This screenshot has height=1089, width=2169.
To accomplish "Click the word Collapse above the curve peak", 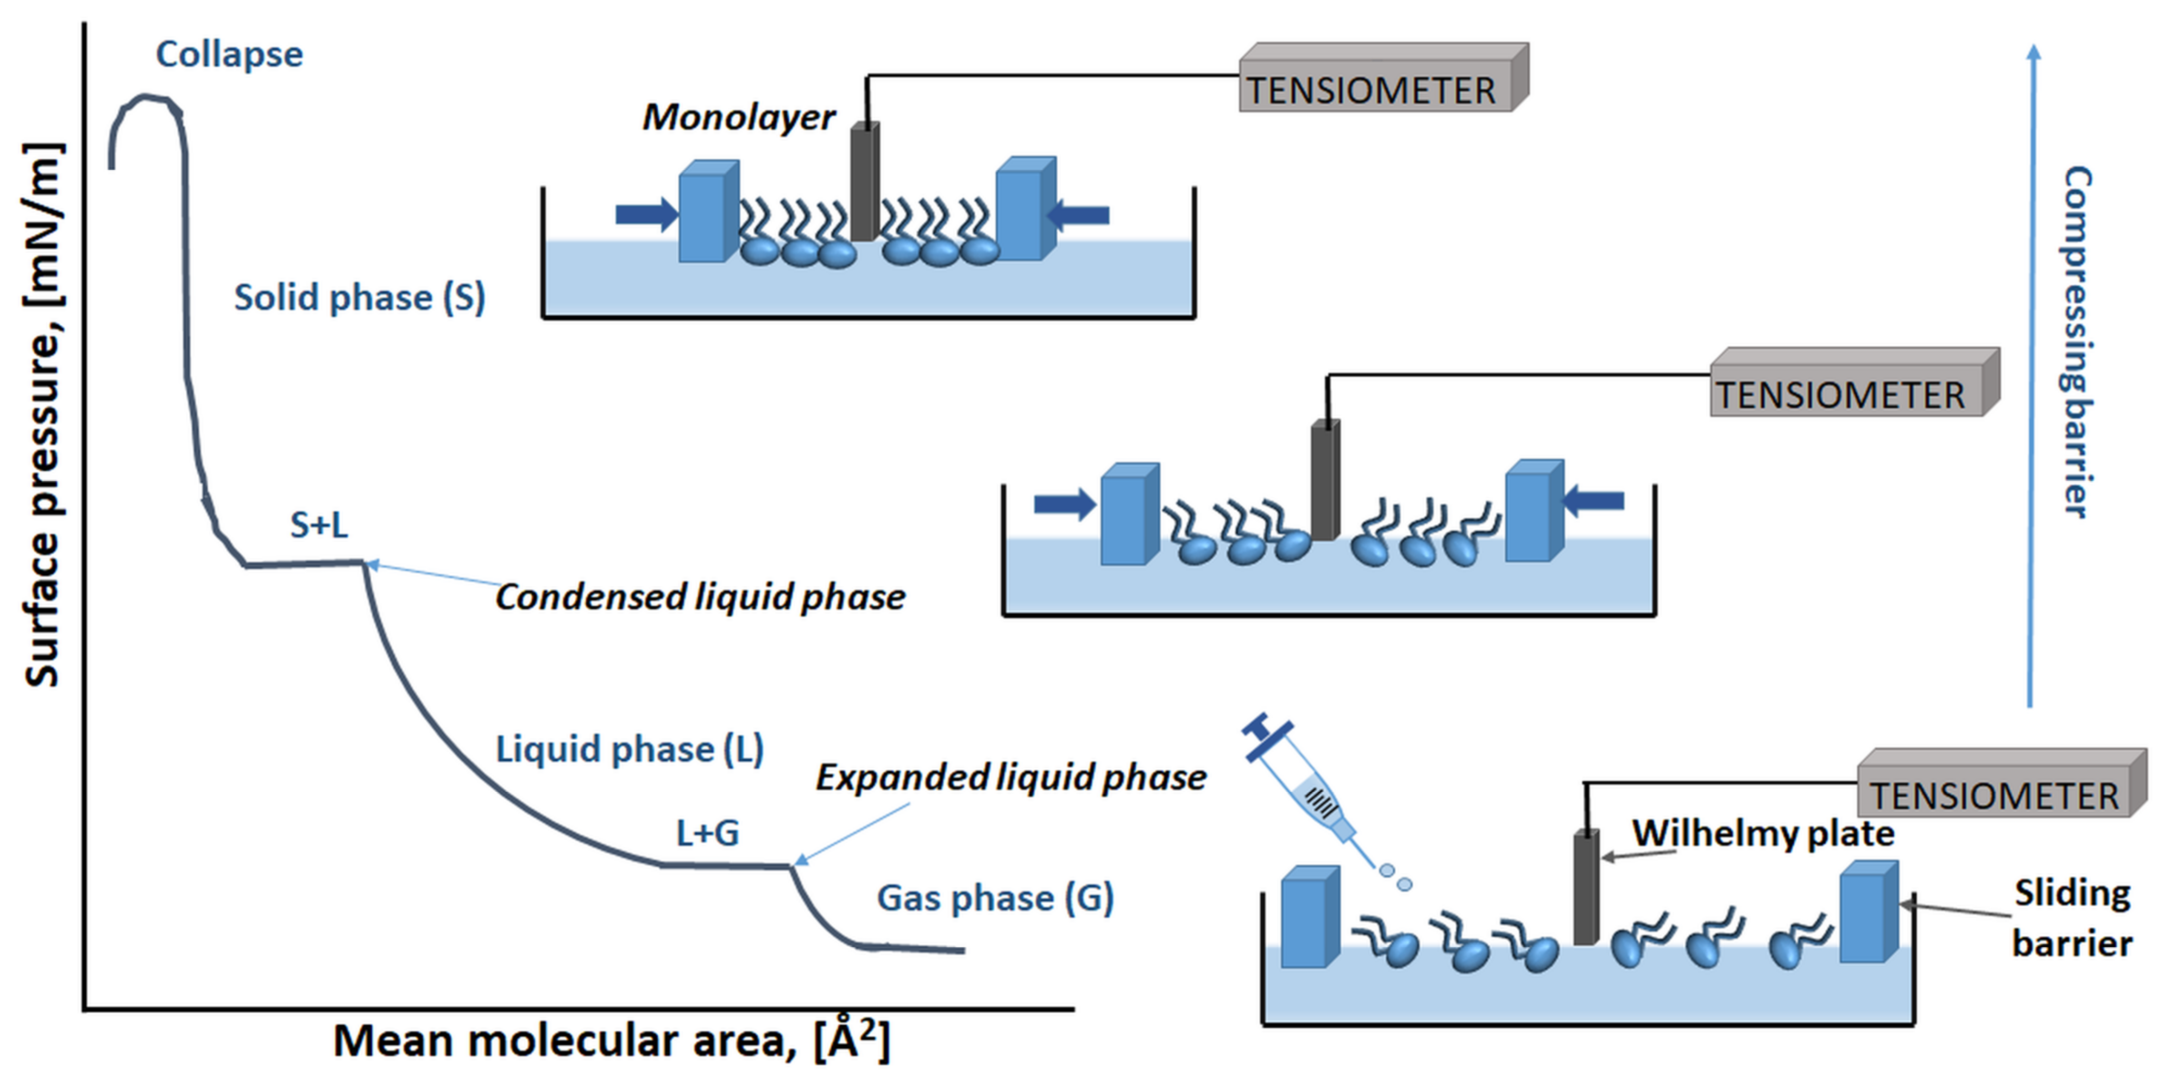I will click(x=229, y=55).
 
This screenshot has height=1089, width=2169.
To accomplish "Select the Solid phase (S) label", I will click(x=360, y=298).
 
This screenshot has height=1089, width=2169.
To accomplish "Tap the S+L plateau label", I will click(x=318, y=525).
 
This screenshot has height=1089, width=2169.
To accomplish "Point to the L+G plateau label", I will click(x=707, y=833).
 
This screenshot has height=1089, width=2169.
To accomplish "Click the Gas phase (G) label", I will click(x=995, y=898).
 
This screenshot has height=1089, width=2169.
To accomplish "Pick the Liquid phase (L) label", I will click(x=629, y=749).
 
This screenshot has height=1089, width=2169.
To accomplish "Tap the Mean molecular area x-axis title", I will click(x=611, y=1041).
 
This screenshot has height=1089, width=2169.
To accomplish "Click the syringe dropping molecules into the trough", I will click(x=1305, y=783).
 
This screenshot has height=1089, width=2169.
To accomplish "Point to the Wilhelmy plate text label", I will click(x=1763, y=834).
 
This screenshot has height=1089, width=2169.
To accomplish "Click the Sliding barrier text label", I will click(x=2071, y=918).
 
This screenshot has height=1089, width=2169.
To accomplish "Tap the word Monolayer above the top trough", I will click(x=738, y=117).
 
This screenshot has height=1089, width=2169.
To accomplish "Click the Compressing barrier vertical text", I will click(x=2076, y=341).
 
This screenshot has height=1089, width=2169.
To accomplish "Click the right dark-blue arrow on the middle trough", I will click(x=1593, y=501).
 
